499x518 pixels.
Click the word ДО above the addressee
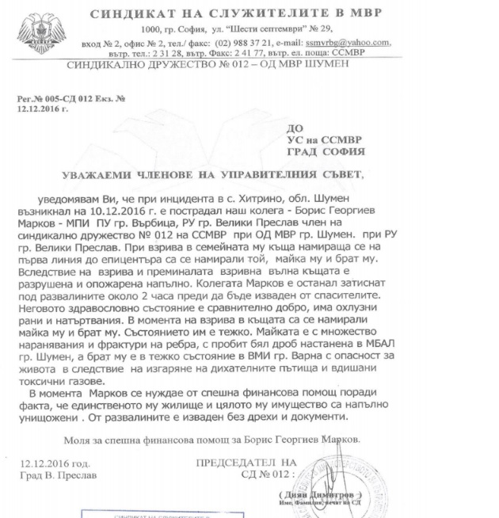pyautogui.click(x=295, y=126)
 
